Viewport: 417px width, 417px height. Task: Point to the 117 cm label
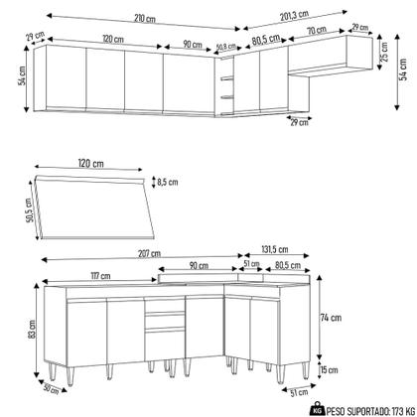(x=97, y=275)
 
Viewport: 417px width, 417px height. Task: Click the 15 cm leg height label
(x=330, y=370)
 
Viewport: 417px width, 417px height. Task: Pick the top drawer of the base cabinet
(x=166, y=318)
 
